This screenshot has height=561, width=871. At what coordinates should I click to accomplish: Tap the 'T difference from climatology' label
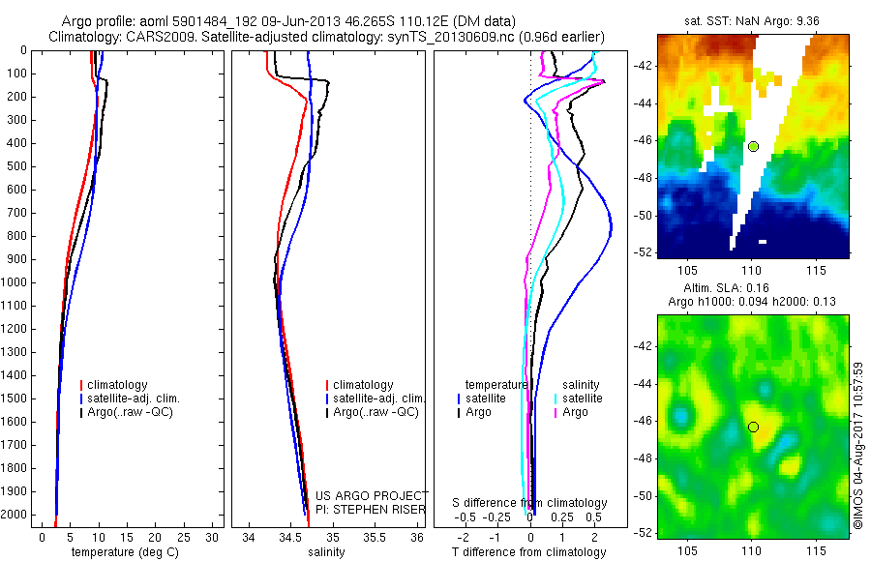[528, 552]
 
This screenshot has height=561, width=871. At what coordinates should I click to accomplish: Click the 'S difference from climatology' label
[529, 503]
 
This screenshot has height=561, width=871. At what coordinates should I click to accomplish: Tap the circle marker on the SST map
[753, 146]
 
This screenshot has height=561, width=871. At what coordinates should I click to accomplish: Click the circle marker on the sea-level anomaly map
[753, 427]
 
